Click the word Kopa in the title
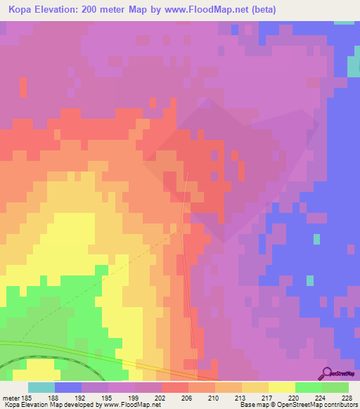click(25, 10)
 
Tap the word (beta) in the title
click(258, 10)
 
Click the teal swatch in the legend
click(41, 387)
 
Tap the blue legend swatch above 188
click(68, 387)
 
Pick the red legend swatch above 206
click(175, 387)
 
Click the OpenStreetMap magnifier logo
click(327, 374)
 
